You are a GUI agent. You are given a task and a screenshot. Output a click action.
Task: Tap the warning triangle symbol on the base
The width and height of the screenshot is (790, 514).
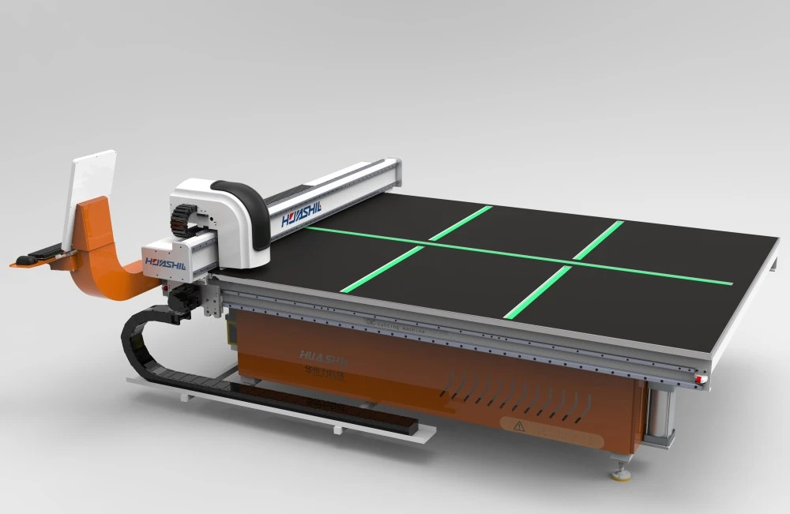pos(519,426)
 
